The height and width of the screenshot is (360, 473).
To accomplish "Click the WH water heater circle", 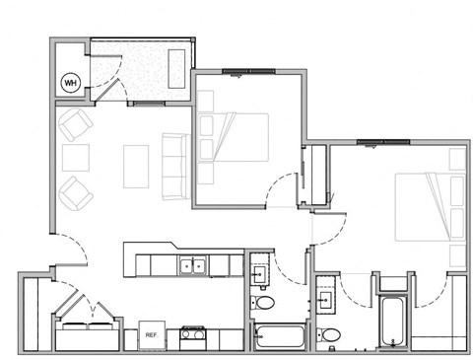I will coord(71,82).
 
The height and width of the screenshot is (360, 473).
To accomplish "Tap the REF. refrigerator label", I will coord(152,335).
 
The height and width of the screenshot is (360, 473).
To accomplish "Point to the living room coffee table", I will coord(135,166).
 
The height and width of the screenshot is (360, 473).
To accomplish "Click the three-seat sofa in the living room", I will coord(174,166).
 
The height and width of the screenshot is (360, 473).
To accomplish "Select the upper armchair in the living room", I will coord(76,126).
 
